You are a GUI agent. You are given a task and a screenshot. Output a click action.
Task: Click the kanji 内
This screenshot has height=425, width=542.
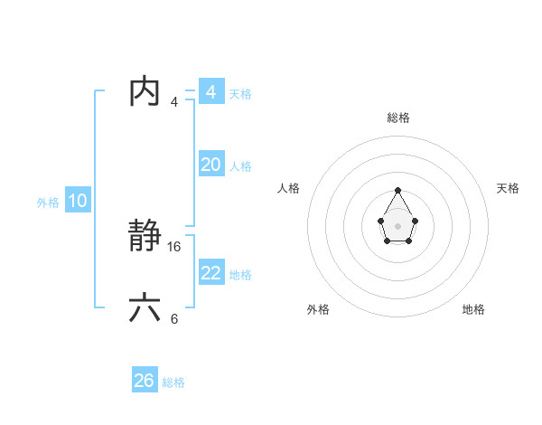pyautogui.click(x=145, y=91)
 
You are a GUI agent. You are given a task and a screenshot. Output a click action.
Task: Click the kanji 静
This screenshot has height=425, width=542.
pyautogui.click(x=145, y=237)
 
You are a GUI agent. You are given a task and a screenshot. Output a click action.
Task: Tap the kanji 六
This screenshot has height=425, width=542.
pyautogui.click(x=145, y=307)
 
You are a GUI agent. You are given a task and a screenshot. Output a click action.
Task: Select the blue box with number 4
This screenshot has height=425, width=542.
pyautogui.click(x=210, y=91)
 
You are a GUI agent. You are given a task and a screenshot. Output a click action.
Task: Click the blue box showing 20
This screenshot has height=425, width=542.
pyautogui.click(x=210, y=165)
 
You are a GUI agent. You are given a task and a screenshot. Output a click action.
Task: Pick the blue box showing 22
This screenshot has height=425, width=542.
pyautogui.click(x=210, y=272)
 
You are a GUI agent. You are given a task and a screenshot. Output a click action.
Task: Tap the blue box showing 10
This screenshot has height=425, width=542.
pyautogui.click(x=78, y=201)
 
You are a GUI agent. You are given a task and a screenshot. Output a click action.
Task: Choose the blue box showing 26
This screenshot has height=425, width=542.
pyautogui.click(x=145, y=381)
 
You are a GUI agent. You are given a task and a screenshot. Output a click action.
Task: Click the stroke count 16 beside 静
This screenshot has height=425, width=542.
pyautogui.click(x=174, y=246)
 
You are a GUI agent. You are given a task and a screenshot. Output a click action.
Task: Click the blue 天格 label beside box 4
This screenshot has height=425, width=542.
pyautogui.click(x=240, y=94)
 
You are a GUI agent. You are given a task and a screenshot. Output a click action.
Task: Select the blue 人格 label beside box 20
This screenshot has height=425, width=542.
pyautogui.click(x=240, y=166)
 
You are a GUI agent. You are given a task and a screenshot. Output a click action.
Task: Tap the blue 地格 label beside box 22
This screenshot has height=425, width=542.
pyautogui.click(x=240, y=275)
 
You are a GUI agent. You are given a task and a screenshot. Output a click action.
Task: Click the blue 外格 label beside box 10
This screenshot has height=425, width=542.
pyautogui.click(x=48, y=203)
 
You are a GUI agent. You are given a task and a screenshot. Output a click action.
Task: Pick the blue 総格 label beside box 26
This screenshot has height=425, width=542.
pyautogui.click(x=173, y=382)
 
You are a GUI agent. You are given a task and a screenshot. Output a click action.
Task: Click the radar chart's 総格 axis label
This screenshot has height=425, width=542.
pyautogui.click(x=397, y=118)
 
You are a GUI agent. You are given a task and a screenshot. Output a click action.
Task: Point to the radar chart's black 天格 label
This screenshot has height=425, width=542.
pyautogui.click(x=508, y=188)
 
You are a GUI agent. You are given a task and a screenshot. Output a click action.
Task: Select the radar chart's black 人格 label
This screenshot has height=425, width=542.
pyautogui.click(x=288, y=188)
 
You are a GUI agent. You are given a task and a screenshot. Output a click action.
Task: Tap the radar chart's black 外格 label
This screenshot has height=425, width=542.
pyautogui.click(x=318, y=309)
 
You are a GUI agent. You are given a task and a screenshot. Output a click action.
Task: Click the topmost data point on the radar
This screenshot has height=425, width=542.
pyautogui.click(x=397, y=190)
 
